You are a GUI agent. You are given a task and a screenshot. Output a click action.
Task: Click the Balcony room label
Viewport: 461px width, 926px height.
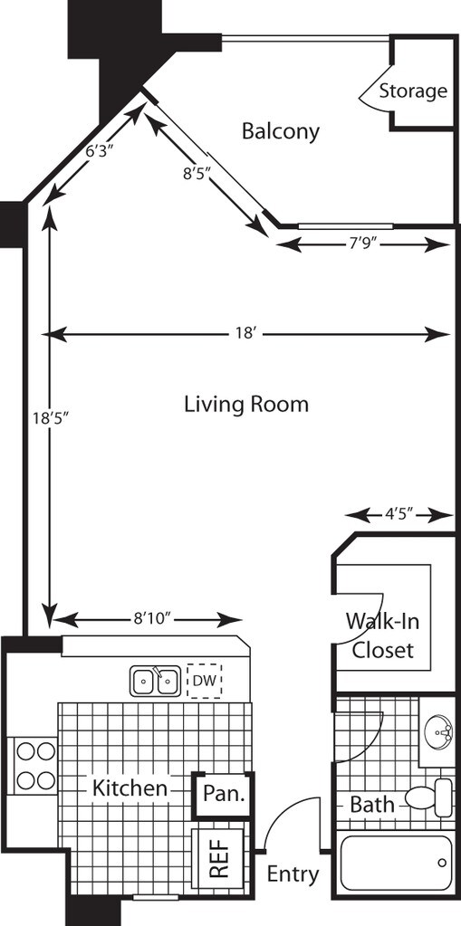click(281, 131)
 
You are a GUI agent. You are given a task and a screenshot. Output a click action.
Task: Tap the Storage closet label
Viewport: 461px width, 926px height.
click(412, 91)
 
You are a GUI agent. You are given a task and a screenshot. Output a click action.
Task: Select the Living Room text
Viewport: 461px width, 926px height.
click(246, 405)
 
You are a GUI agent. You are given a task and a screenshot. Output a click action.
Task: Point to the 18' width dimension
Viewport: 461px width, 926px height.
click(245, 334)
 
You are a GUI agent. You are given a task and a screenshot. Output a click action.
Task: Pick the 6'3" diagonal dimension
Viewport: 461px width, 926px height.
click(100, 151)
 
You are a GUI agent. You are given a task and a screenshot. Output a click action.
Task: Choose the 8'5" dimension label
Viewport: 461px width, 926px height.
click(197, 173)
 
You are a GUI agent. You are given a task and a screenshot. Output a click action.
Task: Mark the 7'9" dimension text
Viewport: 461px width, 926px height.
click(363, 243)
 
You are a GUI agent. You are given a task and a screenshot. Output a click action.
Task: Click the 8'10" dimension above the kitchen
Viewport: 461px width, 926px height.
click(152, 618)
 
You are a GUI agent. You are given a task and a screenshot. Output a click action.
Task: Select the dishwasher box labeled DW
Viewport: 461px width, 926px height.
click(205, 681)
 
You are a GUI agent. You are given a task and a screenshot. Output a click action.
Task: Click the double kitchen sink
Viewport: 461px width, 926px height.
click(156, 681)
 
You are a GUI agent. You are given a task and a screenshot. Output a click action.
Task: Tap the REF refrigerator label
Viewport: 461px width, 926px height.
click(219, 858)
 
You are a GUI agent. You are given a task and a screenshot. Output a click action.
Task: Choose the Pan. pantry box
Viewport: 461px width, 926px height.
click(224, 795)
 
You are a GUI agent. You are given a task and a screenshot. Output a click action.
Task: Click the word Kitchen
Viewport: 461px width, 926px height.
click(130, 788)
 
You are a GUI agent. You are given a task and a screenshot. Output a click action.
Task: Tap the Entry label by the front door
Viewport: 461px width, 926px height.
click(293, 873)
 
